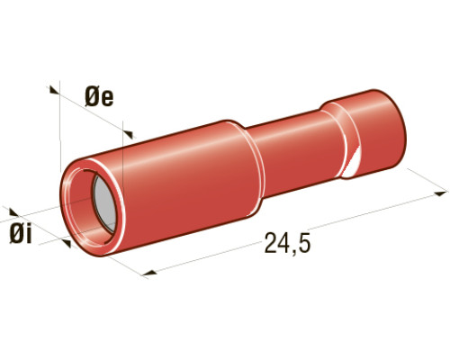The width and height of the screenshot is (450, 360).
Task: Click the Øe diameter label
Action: point(99,96)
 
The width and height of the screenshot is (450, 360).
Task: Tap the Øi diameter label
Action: point(21,234)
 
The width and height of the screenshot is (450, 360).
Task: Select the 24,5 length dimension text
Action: point(287,242)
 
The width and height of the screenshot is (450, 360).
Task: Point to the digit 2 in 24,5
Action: point(271,242)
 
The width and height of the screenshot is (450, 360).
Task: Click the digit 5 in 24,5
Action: point(303,242)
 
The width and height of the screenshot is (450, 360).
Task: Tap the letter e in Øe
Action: point(107,99)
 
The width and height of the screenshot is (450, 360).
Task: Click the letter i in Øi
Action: point(29,234)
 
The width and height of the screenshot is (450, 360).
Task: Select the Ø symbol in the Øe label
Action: point(92,96)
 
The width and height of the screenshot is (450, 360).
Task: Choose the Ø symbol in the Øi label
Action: point(16,234)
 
